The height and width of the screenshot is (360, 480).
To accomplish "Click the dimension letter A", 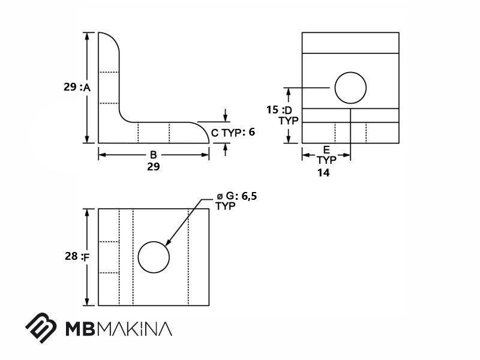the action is pos(87,88).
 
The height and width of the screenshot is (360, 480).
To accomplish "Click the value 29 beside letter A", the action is pos(70,87).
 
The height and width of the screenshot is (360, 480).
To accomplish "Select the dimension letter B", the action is pos(154,155).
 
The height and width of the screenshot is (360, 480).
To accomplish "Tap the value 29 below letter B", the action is pos(154,167).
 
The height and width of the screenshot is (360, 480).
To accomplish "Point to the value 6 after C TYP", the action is pos(251,131).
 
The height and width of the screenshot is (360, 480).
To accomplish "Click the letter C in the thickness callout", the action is pos(215,133).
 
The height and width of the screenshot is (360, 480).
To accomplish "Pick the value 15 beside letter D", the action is pos(272,110).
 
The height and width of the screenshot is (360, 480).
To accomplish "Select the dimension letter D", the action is pos(289,110).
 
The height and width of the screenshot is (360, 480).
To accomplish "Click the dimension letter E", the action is pos(326,149).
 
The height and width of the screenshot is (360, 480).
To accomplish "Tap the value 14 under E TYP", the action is pos(323,173).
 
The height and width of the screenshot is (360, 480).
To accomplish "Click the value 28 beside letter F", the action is pos(71,256).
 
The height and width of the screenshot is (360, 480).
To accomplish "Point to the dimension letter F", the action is pos(86,258).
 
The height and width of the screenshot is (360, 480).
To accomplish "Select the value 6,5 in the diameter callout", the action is pos(250,196).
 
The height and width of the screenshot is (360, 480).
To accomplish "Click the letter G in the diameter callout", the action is pos(230,196).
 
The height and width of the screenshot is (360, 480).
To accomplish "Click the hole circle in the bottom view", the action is pos(138,257).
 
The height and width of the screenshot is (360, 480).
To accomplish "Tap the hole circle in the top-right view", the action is pos(335,88).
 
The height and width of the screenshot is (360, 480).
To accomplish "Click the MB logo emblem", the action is pos(41,328).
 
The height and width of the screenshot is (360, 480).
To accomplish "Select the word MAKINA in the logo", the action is pos(136,329).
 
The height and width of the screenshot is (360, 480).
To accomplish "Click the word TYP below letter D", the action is pos(289,121).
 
